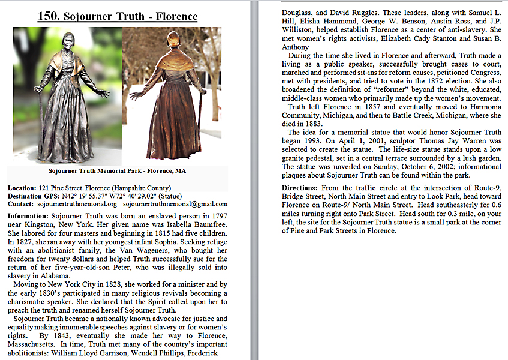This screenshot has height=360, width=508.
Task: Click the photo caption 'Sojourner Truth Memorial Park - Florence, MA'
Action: point(117,171)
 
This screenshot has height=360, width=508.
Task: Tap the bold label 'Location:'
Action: point(22,188)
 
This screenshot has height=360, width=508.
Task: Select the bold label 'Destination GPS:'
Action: point(33,196)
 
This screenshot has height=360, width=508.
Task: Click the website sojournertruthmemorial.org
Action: point(79,204)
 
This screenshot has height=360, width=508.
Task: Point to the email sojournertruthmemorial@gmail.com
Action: point(175,204)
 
